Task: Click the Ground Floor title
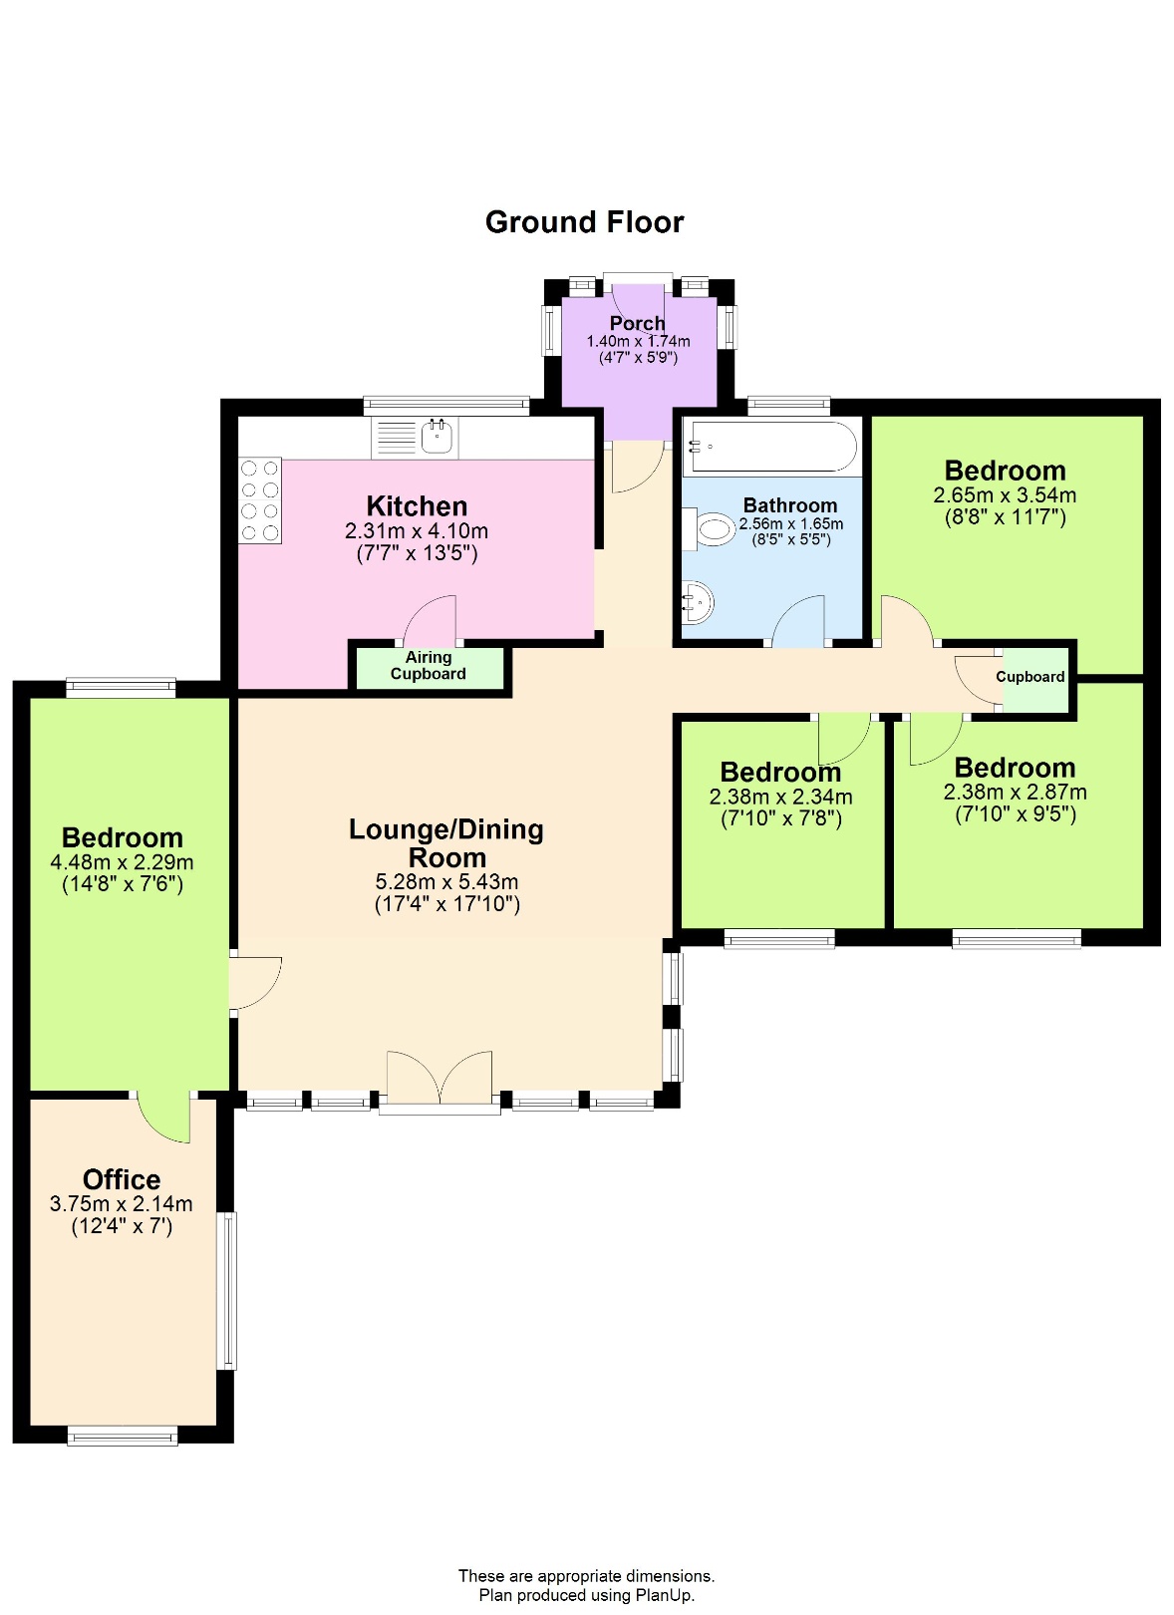[x=584, y=222]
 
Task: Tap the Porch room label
[x=637, y=323]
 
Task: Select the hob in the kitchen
[x=259, y=500]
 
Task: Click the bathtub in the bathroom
[x=769, y=446]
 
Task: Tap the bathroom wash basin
[x=698, y=602]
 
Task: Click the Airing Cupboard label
[x=429, y=666]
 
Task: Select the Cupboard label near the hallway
[x=1030, y=677]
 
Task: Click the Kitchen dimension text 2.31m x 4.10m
[x=417, y=531]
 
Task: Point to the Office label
[x=122, y=1179]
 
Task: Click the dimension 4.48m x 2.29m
[x=123, y=862]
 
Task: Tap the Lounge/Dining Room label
[x=446, y=843]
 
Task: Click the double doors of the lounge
[x=440, y=1079]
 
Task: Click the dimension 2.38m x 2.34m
[x=781, y=797]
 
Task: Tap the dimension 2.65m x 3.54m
[x=1005, y=495]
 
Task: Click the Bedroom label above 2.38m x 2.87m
[x=1015, y=768]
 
